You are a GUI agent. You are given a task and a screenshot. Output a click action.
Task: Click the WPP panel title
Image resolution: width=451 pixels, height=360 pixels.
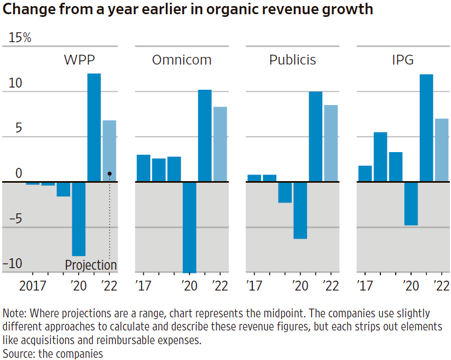pyautogui.click(x=83, y=60)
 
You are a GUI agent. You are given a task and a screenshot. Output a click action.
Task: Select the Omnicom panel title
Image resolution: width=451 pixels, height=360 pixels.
pyautogui.click(x=182, y=60)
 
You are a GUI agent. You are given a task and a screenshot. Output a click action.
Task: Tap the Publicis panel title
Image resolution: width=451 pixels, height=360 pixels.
pyautogui.click(x=292, y=60)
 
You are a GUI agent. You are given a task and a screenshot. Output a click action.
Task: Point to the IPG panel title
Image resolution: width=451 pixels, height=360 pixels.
pyautogui.click(x=403, y=60)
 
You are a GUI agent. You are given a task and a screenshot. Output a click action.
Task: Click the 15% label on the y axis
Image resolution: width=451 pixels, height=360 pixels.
pyautogui.click(x=20, y=38)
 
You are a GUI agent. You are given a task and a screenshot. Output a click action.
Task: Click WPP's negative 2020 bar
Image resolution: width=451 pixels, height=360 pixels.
pyautogui.click(x=79, y=218)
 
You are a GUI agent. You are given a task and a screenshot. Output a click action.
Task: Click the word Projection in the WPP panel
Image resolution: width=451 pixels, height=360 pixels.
pyautogui.click(x=91, y=265)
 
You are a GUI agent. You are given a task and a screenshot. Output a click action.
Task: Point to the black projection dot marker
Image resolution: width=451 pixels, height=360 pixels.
pyautogui.click(x=109, y=173)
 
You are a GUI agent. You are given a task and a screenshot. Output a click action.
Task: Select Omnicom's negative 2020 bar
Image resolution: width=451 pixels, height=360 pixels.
pyautogui.click(x=189, y=227)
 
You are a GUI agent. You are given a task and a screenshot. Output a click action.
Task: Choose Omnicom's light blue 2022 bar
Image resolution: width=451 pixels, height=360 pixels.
pyautogui.click(x=220, y=144)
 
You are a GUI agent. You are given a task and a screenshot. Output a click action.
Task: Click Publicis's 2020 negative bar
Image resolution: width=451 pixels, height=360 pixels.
pyautogui.click(x=300, y=210)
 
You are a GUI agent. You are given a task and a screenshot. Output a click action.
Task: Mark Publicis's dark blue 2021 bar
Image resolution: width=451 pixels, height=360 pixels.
pyautogui.click(x=315, y=136)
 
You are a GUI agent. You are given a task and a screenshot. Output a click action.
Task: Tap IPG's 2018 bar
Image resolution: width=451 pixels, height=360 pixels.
pyautogui.click(x=380, y=156)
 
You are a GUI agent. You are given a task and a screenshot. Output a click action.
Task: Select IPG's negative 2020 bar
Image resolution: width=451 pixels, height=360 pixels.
pyautogui.click(x=411, y=203)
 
